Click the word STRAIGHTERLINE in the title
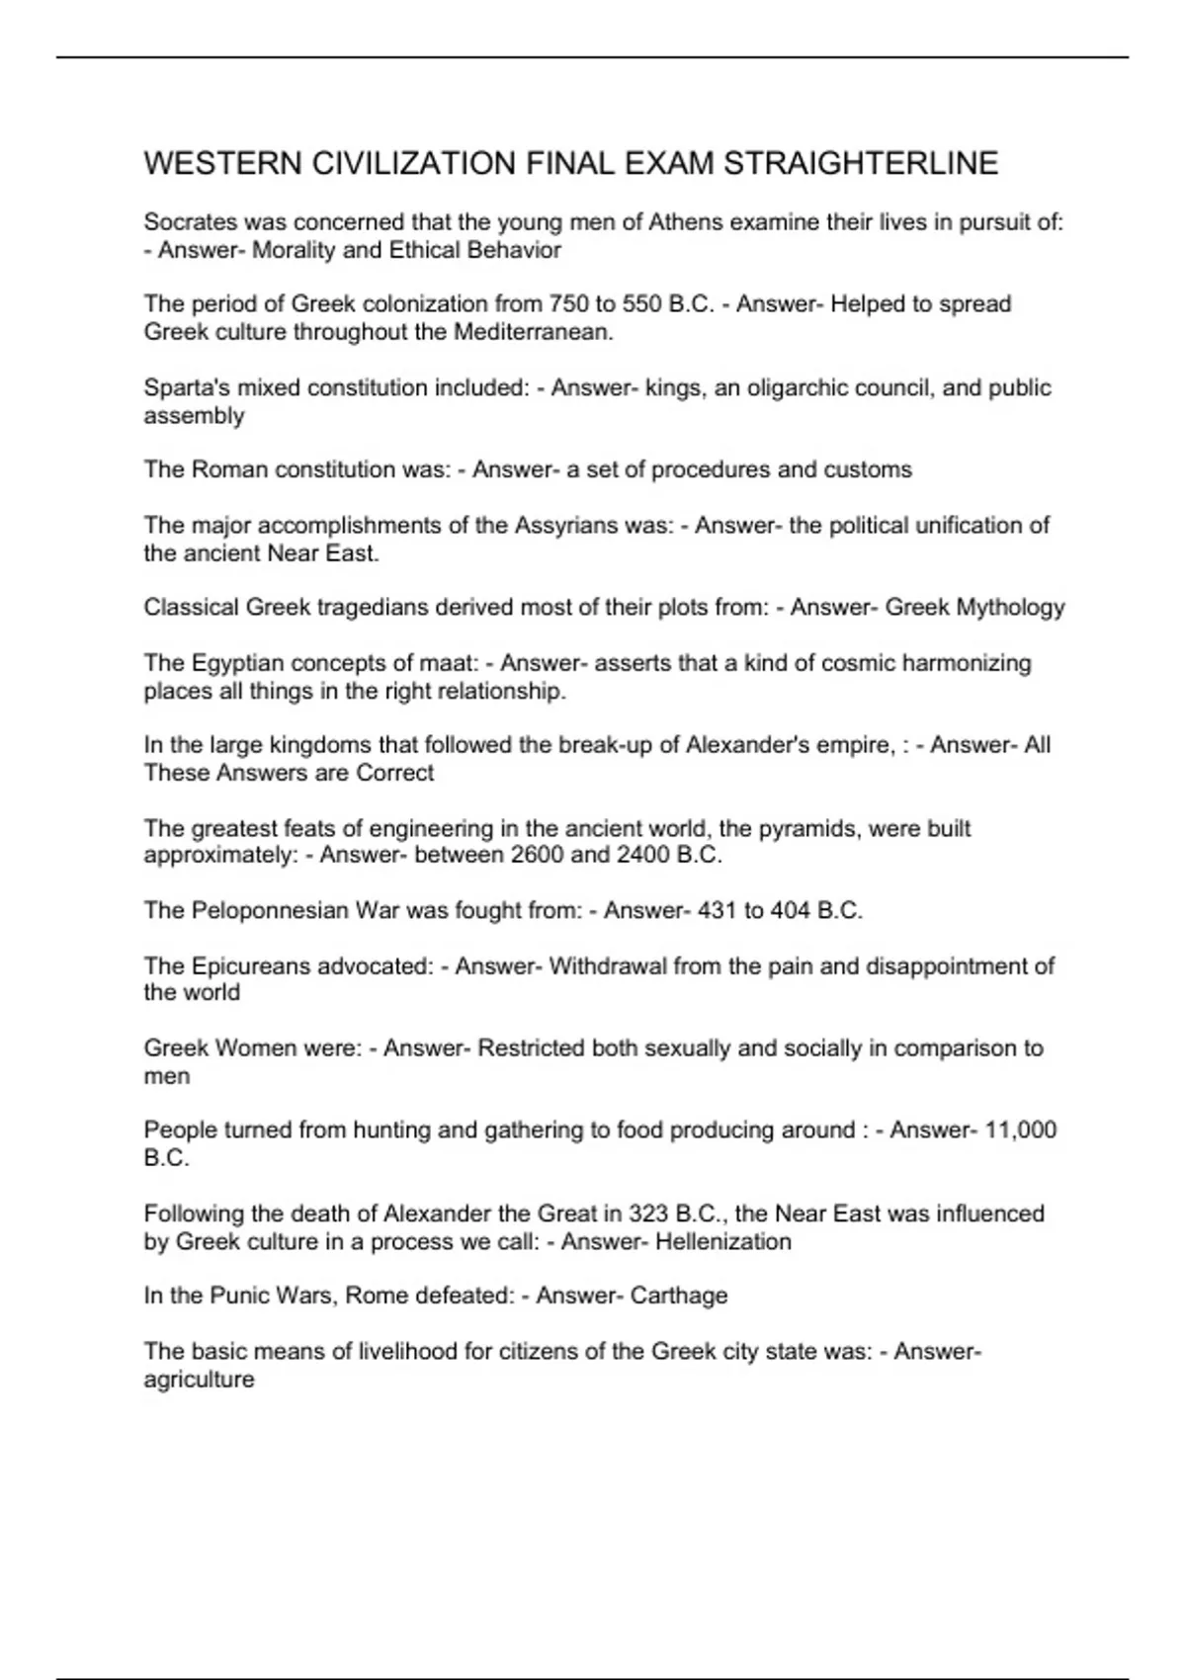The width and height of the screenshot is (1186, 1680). pyautogui.click(x=861, y=163)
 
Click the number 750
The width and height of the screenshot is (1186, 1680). pyautogui.click(x=567, y=303)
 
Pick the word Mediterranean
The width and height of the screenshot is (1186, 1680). pyautogui.click(x=534, y=332)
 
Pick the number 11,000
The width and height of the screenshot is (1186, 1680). pyautogui.click(x=1021, y=1130)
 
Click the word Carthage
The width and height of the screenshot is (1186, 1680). pyautogui.click(x=679, y=1296)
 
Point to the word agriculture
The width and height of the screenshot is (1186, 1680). pyautogui.click(x=199, y=1380)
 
